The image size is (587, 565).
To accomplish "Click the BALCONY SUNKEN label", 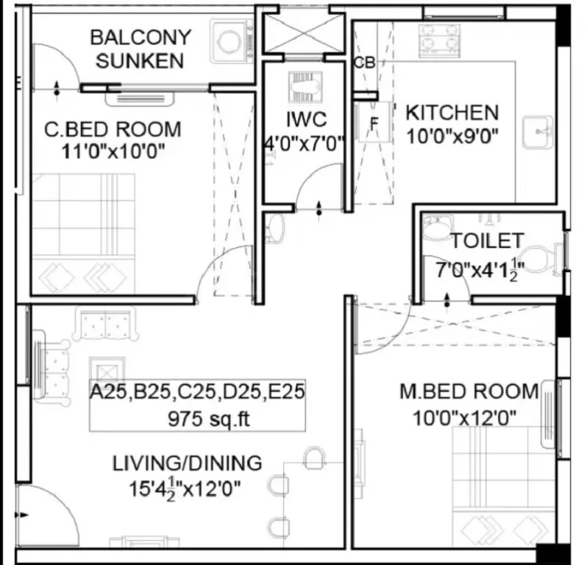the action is [140, 49].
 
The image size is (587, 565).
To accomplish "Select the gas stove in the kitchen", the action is [439, 41].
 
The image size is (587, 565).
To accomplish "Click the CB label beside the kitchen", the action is [364, 63].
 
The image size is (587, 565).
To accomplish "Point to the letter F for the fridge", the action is [374, 124].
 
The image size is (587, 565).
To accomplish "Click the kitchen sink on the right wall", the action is [538, 132].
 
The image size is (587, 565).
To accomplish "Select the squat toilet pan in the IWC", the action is [305, 88].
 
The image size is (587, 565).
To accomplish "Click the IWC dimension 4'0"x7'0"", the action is [304, 143].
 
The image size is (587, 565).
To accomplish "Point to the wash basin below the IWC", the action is [276, 227].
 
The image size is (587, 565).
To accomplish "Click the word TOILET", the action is [487, 241].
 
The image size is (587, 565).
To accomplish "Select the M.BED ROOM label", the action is [469, 391].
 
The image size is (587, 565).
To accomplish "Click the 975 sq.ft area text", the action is [208, 419].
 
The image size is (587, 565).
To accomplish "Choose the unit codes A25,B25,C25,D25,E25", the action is [197, 392].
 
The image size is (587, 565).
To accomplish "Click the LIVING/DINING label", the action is [187, 463].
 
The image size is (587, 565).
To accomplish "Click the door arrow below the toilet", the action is [447, 300].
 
